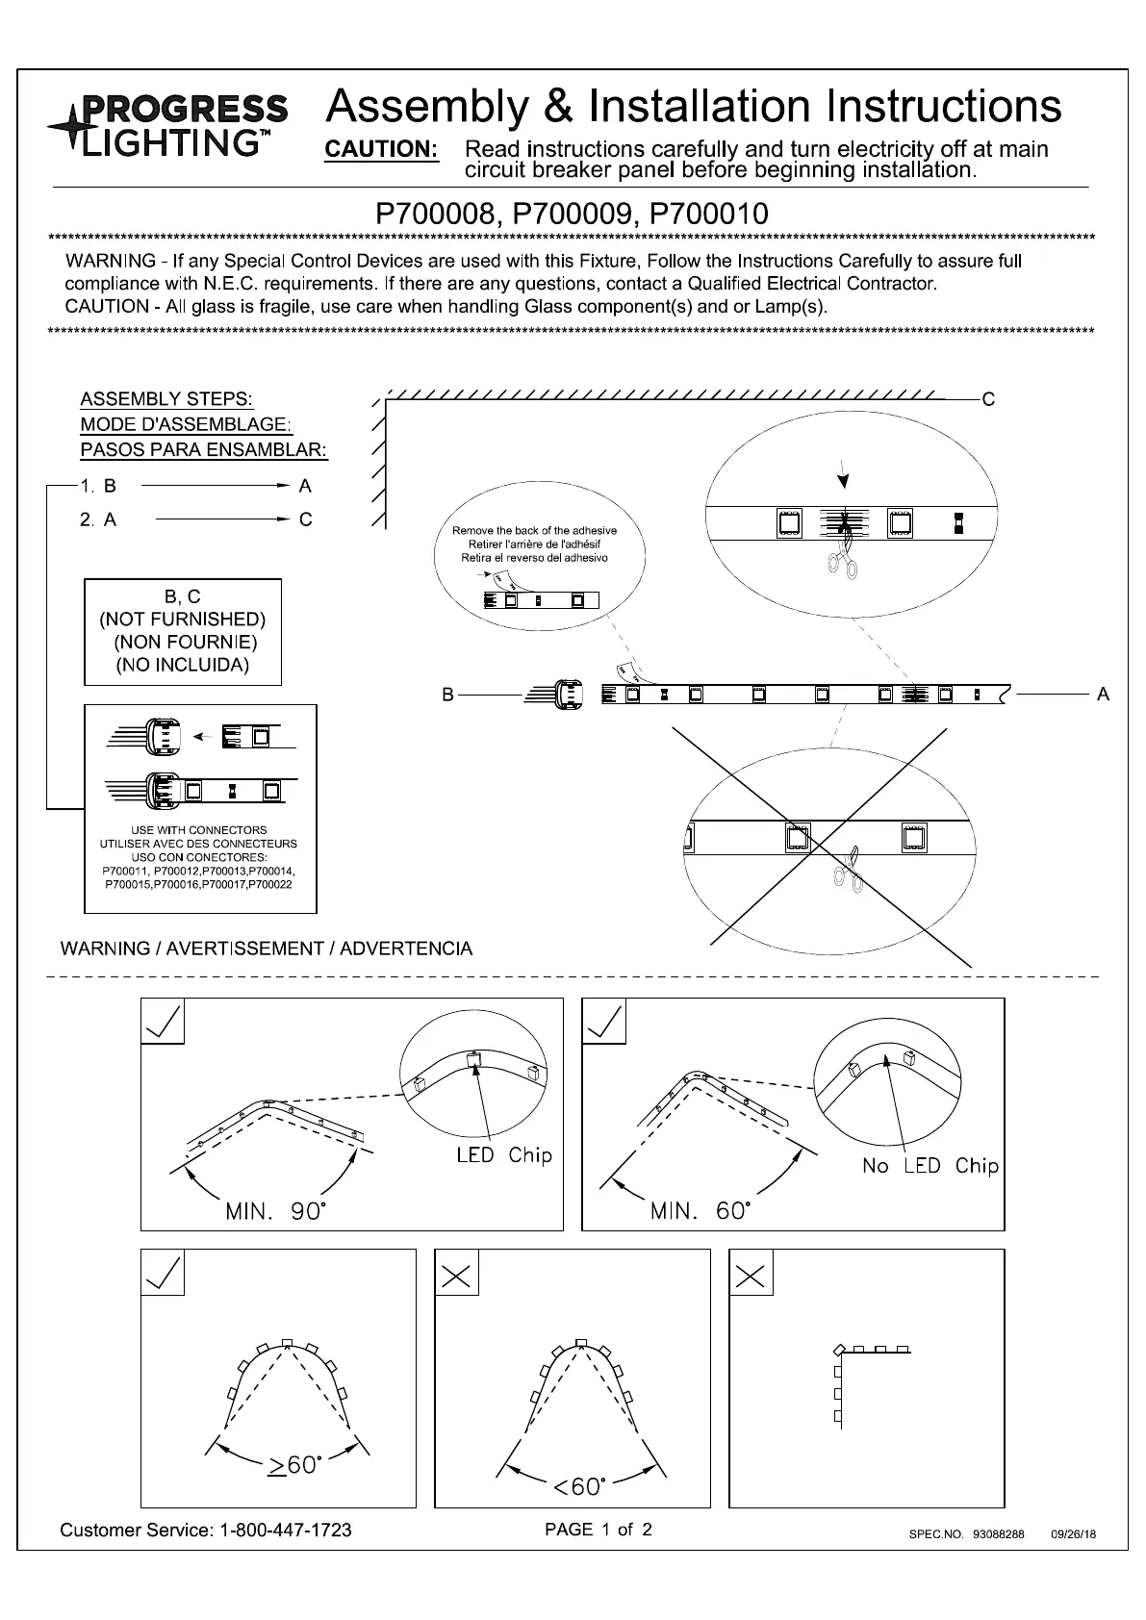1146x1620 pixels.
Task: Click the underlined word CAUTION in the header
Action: click(x=382, y=150)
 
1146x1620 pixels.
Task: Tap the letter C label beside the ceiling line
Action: click(x=987, y=400)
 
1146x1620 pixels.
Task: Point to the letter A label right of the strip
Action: click(x=1103, y=694)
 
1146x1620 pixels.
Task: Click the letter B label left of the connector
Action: click(x=447, y=695)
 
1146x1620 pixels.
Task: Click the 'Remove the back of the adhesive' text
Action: click(x=534, y=531)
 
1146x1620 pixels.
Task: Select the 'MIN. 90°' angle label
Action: click(x=276, y=1211)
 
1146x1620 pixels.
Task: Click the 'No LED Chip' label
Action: click(x=930, y=1166)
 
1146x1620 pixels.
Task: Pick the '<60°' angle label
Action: click(x=578, y=1486)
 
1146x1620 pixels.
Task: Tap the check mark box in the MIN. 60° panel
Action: click(x=604, y=1022)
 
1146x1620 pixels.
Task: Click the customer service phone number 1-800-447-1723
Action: click(x=285, y=1530)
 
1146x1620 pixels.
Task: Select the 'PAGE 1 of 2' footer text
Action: click(x=598, y=1529)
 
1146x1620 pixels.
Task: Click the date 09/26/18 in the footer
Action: click(x=1073, y=1534)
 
